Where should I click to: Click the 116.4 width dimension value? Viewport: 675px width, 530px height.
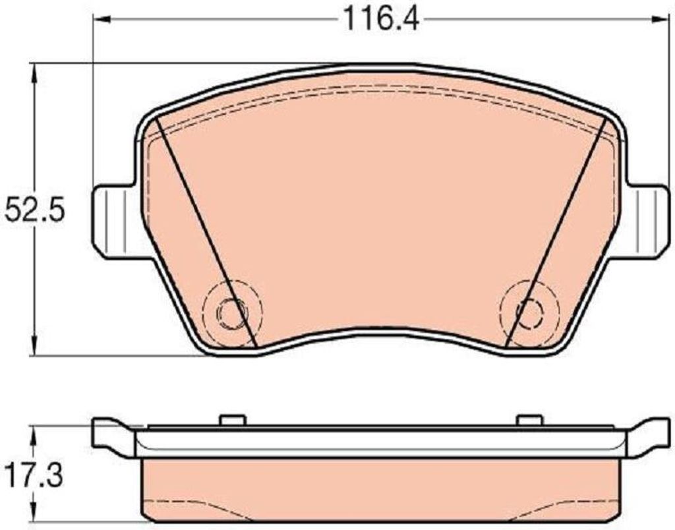(x=380, y=19)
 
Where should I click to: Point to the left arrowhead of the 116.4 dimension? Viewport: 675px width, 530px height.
(x=102, y=19)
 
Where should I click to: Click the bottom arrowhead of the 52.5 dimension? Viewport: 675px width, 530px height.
(x=33, y=346)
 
